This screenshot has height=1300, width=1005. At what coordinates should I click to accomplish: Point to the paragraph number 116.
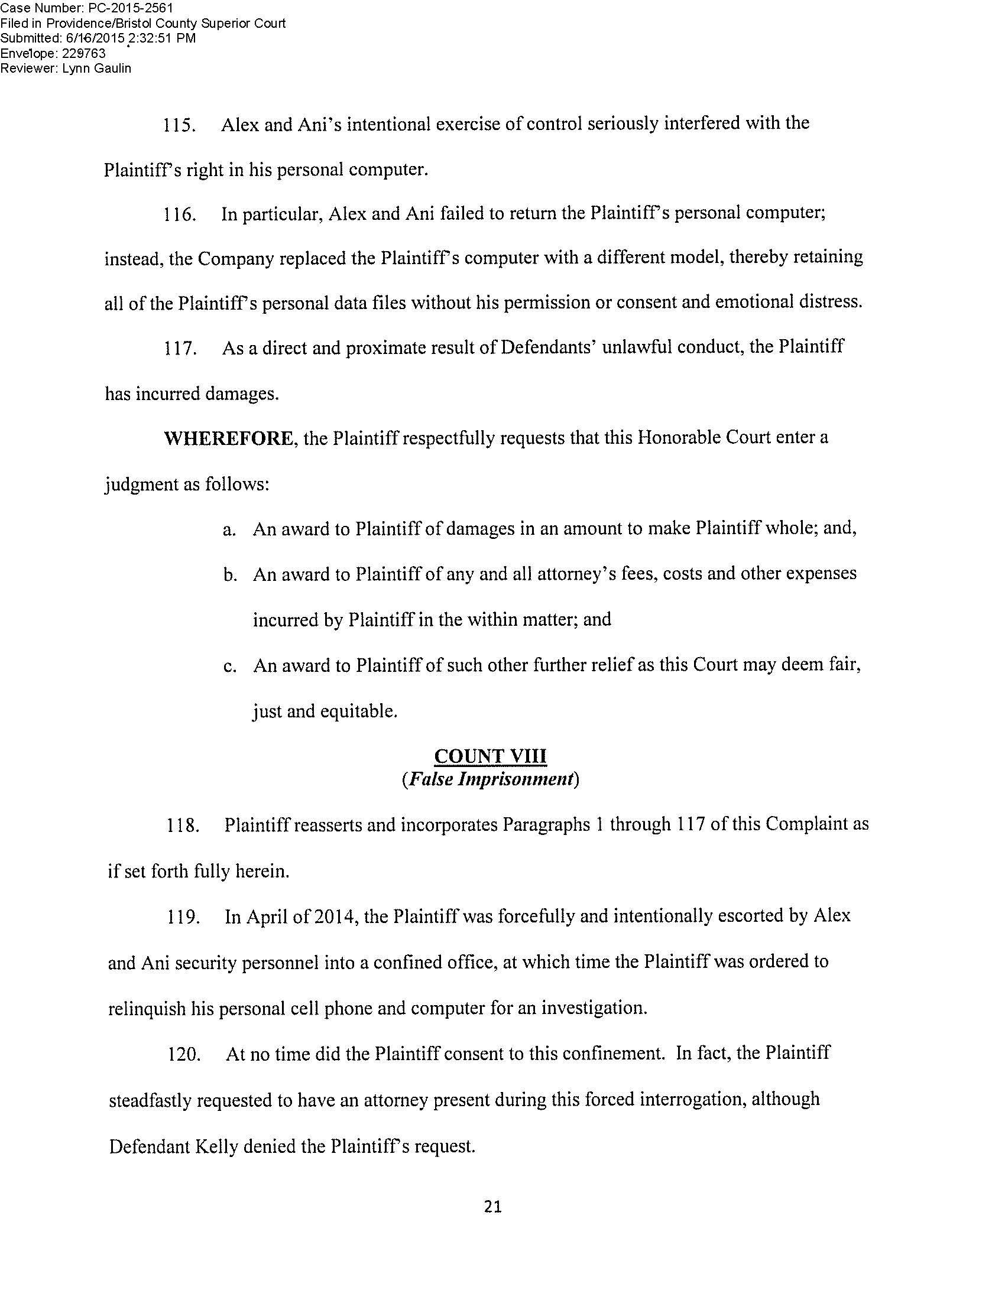point(180,215)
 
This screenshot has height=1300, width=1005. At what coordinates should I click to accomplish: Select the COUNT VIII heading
point(490,756)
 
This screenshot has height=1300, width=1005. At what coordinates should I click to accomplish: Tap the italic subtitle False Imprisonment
point(490,779)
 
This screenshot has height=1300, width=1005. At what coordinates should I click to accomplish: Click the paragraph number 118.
point(182,825)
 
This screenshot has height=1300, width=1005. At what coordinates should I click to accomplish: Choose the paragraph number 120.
point(183,1054)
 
